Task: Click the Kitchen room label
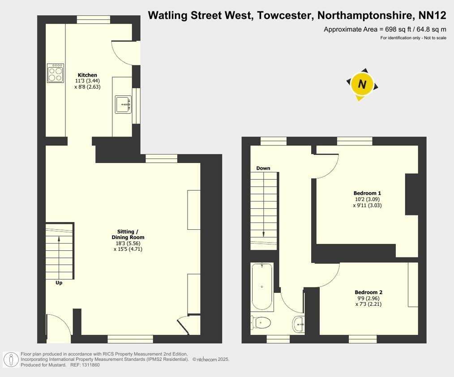[x=87, y=75]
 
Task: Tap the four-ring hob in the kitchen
[x=56, y=73]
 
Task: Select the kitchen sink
[x=123, y=104]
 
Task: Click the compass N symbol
[x=362, y=84]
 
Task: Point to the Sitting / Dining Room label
[x=128, y=234]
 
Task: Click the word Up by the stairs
[x=59, y=283]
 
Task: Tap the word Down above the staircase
[x=263, y=168]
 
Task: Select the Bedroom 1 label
[x=367, y=193]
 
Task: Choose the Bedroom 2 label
[x=368, y=292]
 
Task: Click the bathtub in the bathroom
[x=262, y=287]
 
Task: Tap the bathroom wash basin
[x=299, y=323]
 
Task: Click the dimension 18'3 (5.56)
[x=128, y=243]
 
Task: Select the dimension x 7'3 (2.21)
[x=368, y=304]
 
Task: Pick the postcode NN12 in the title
[x=432, y=16]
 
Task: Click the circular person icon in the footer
[x=10, y=359]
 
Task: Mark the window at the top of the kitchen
[x=93, y=19]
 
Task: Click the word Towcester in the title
[x=285, y=16]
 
